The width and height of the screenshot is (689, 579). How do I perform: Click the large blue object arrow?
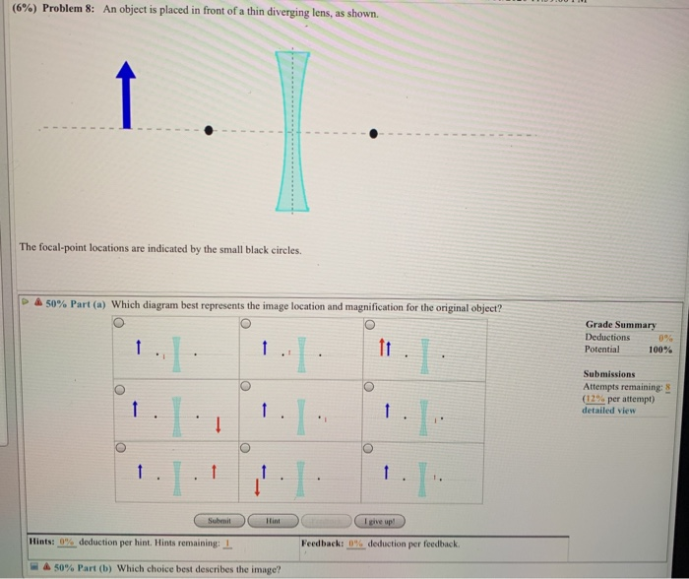124,96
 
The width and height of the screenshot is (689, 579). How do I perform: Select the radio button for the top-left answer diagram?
119,324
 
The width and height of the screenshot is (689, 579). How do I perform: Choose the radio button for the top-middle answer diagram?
246,324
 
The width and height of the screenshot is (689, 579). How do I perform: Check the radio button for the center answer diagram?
246,387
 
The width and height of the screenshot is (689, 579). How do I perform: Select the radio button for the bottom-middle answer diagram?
246,448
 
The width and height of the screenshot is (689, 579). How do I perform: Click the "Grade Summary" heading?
622,324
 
